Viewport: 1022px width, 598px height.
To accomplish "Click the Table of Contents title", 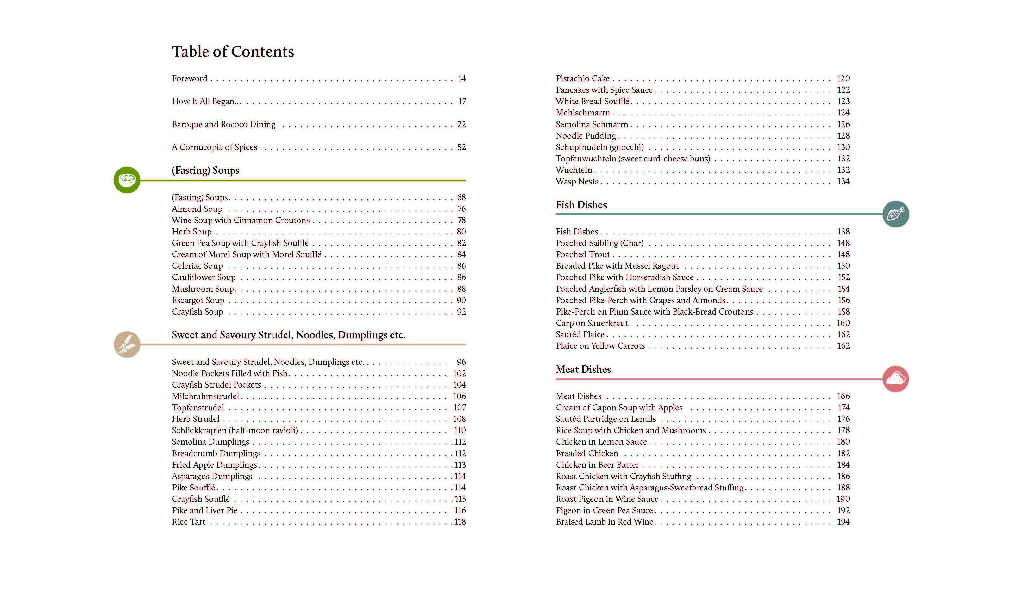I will click(233, 52).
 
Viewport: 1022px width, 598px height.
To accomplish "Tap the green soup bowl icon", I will click(127, 180).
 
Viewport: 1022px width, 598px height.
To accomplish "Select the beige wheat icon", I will click(127, 344).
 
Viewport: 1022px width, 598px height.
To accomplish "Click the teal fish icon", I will click(895, 214).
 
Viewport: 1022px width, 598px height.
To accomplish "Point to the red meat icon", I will click(895, 379).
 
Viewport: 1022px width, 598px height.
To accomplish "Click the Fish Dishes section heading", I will click(581, 205).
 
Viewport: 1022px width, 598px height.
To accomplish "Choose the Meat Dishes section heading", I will click(583, 369).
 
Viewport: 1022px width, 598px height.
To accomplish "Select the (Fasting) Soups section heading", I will click(206, 170).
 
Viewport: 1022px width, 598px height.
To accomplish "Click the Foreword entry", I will click(189, 79).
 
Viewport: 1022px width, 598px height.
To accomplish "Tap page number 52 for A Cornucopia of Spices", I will click(461, 147).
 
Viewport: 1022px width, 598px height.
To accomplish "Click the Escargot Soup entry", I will click(198, 300).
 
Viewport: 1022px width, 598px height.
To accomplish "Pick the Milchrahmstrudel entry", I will click(205, 396).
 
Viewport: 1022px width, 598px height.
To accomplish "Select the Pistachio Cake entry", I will click(582, 79).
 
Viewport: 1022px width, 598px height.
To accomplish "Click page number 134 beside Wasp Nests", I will click(843, 182).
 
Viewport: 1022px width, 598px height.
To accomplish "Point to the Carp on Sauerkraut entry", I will click(592, 323).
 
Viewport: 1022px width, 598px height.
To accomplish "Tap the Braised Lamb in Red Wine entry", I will click(604, 522).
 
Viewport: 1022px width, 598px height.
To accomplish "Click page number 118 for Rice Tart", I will click(460, 522).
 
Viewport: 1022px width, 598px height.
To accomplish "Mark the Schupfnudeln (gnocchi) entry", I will click(599, 147).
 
